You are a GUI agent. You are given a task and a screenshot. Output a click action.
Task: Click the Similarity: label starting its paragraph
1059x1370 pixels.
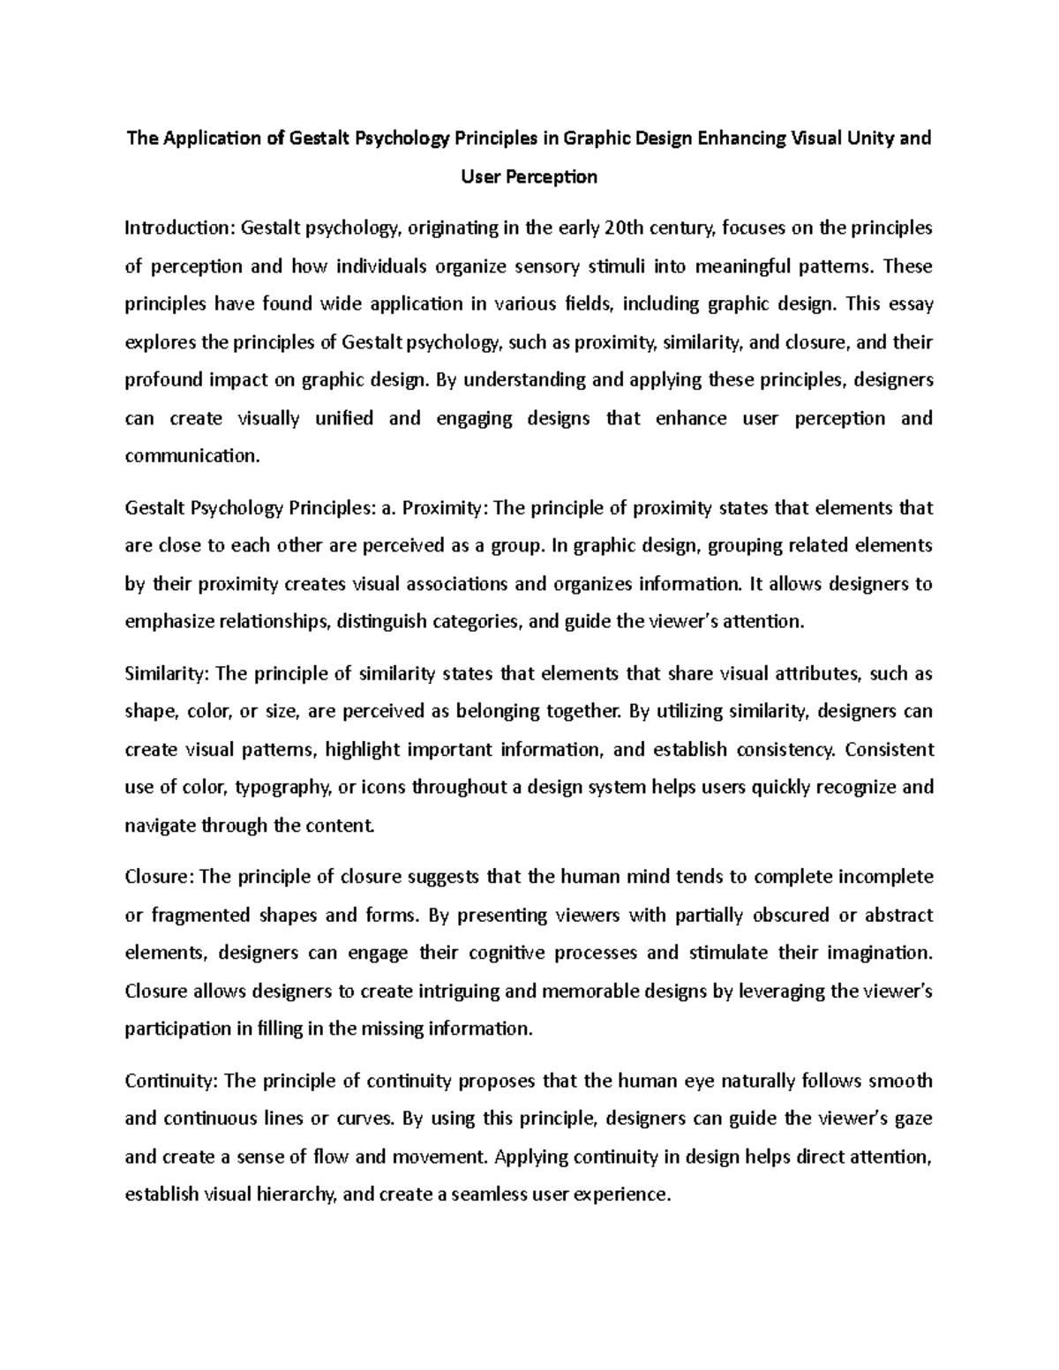[x=166, y=674]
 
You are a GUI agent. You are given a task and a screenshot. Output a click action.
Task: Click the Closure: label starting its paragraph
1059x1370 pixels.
[x=161, y=877]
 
